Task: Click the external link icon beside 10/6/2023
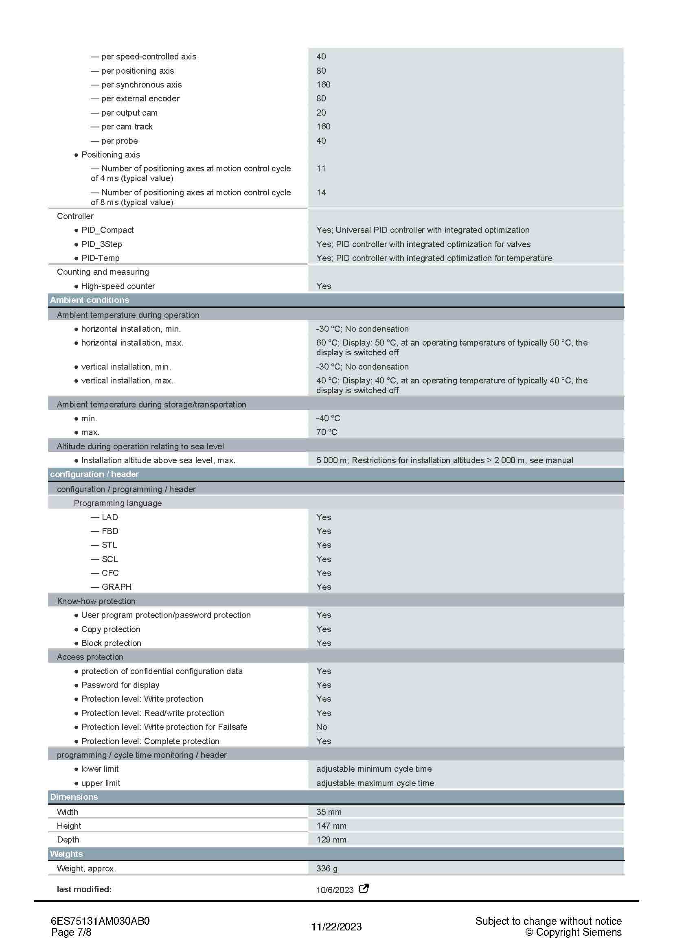click(363, 889)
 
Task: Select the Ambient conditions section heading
click(90, 300)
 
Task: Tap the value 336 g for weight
click(327, 868)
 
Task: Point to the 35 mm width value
click(329, 812)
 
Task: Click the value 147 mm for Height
click(331, 825)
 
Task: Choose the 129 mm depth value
click(331, 840)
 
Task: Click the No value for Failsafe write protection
click(321, 727)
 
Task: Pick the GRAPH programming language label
click(116, 587)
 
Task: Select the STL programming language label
click(110, 545)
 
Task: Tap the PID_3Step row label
click(102, 244)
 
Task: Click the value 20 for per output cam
click(321, 112)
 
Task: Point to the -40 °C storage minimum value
click(328, 418)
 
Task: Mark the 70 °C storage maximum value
click(327, 432)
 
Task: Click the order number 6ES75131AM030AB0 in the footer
click(100, 921)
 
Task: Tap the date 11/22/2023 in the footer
click(336, 927)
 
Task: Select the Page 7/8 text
click(71, 932)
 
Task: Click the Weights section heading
click(66, 854)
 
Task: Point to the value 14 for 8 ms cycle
click(321, 193)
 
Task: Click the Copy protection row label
click(111, 629)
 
